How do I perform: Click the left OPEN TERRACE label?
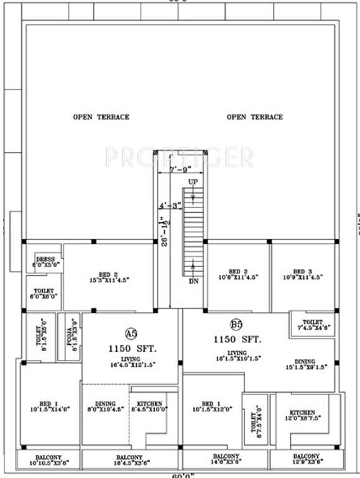pos(101,117)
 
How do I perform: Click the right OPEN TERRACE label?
pos(254,117)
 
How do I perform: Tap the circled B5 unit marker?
pos(236,324)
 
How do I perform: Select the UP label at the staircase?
pos(193,181)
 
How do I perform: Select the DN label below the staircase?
pos(194,281)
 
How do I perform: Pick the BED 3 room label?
pos(302,271)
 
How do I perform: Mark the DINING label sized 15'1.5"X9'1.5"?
pos(305,362)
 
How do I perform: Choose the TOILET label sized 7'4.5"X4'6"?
pos(312,321)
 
